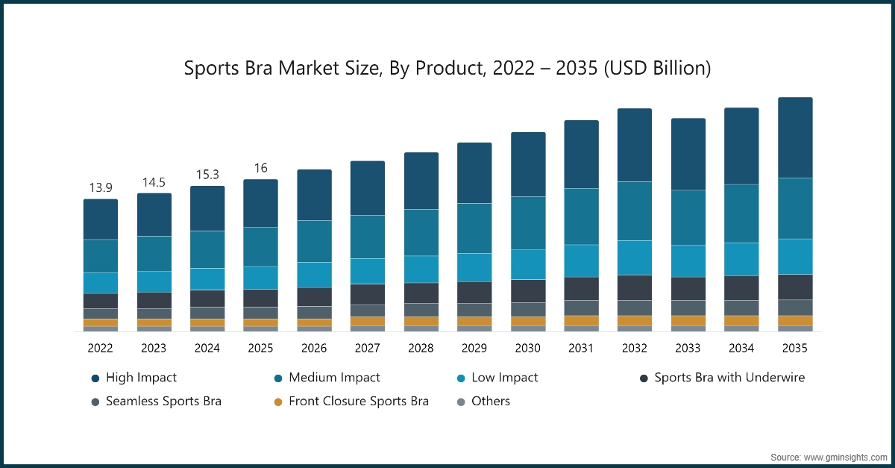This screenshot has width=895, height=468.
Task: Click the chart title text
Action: (x=447, y=69)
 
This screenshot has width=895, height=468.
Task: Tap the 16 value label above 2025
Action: (x=260, y=167)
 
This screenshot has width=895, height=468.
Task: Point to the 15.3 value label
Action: (x=207, y=174)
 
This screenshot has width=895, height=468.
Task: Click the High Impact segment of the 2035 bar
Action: (x=795, y=137)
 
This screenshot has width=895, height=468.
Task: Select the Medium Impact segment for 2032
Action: (x=634, y=211)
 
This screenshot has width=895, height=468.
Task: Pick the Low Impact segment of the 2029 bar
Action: (x=474, y=267)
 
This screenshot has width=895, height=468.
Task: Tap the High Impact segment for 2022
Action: (x=100, y=219)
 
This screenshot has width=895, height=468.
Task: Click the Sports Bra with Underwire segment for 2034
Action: (x=741, y=288)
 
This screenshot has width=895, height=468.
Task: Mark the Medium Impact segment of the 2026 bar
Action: (x=314, y=241)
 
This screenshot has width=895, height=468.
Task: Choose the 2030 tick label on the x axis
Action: (x=527, y=348)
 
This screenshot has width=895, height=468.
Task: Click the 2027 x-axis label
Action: (x=367, y=348)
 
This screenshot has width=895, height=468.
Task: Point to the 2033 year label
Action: (x=688, y=348)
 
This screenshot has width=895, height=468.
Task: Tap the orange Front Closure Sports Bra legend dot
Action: (x=278, y=402)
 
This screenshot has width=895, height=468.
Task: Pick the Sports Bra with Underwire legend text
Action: (x=729, y=378)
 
